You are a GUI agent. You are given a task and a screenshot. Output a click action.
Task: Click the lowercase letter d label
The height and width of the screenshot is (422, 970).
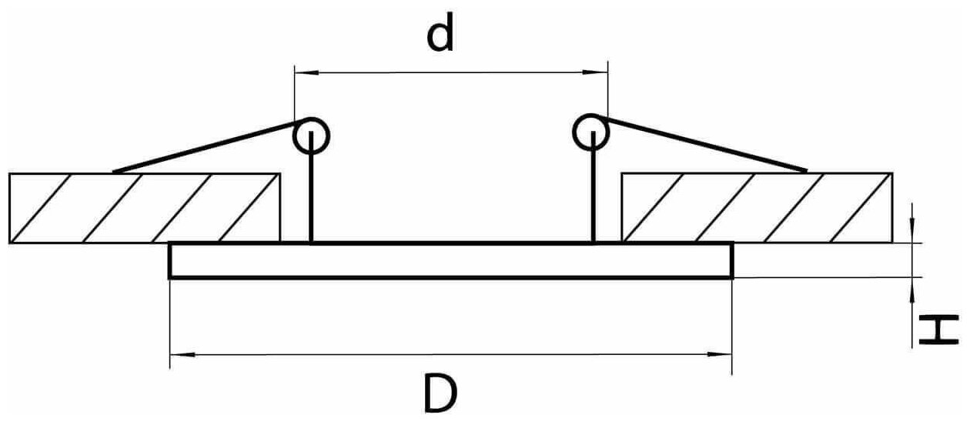[x=440, y=36]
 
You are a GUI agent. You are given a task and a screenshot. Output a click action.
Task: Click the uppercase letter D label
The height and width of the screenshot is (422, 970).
[x=440, y=393]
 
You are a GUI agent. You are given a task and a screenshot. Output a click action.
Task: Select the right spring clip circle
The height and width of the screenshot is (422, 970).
[x=591, y=132]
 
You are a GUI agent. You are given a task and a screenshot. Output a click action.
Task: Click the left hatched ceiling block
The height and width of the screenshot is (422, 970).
[x=145, y=208]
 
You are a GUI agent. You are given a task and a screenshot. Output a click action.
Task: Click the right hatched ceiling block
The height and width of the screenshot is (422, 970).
[x=757, y=208]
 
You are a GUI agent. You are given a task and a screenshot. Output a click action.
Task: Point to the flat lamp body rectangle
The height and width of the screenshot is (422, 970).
[x=450, y=260]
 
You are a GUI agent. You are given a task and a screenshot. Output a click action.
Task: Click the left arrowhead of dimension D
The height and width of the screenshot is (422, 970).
[x=179, y=355]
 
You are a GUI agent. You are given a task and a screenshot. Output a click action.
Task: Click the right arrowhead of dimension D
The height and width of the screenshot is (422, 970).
[x=722, y=355]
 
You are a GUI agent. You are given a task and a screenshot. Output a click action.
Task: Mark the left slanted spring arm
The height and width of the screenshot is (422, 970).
[x=208, y=146]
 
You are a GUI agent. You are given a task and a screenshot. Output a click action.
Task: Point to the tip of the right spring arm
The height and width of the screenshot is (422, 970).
[x=805, y=169]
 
